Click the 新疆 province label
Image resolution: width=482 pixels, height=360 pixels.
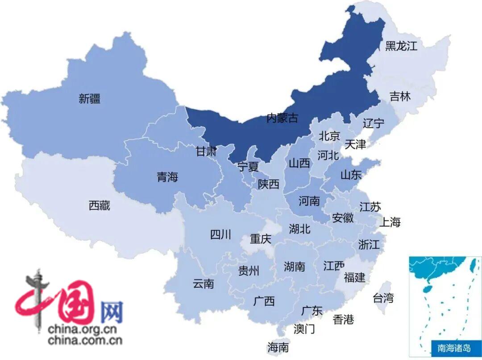point(89,99)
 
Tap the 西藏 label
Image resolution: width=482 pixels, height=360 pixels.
point(99,206)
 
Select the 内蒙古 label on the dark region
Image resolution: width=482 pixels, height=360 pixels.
point(282,118)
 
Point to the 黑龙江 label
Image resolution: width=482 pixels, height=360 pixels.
point(401,46)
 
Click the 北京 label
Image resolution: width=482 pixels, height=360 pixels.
point(329,136)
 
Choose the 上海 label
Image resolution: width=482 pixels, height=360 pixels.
point(390,222)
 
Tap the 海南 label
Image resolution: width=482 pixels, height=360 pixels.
point(278,347)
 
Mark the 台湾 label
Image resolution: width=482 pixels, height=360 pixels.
point(383,297)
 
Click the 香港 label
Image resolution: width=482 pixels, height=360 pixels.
point(343,319)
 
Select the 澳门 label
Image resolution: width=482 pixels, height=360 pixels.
point(304,329)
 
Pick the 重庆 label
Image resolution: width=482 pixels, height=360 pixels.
point(260,239)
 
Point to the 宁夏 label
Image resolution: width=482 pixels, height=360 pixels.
point(248,167)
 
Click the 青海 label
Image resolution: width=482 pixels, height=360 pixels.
point(167,177)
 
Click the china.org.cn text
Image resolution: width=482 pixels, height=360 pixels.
point(83,330)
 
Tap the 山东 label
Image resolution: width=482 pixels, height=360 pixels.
point(351,175)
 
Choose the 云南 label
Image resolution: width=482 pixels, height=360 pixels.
point(204,284)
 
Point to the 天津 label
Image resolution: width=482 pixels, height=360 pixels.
point(355,144)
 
